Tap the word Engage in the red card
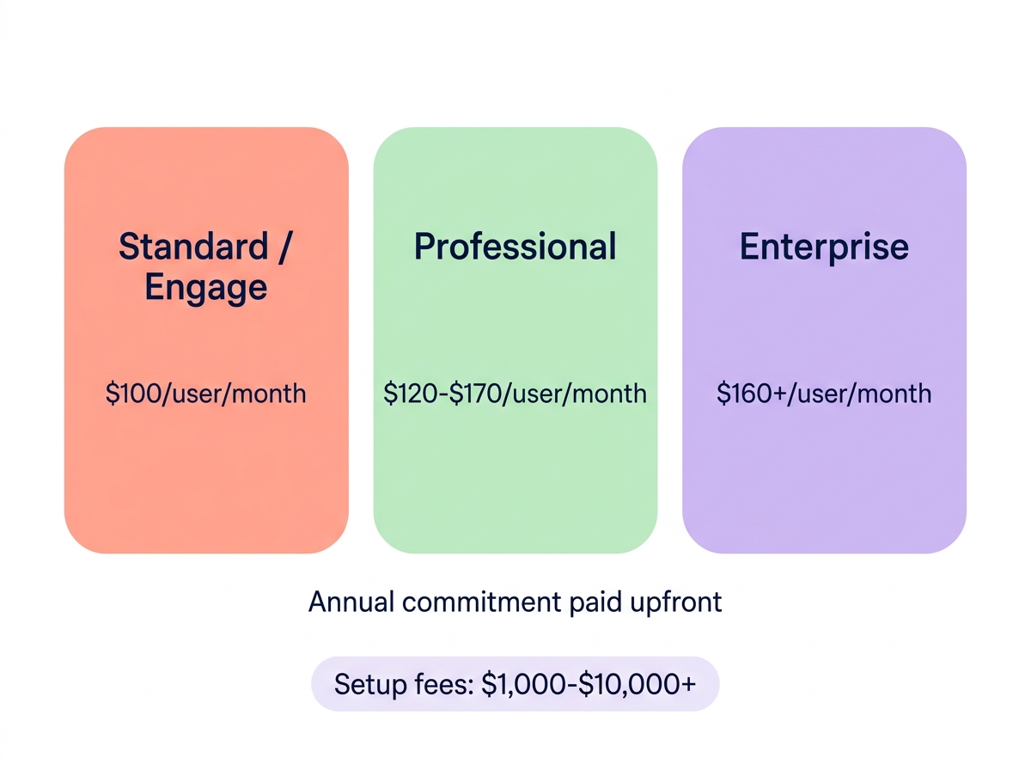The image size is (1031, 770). pos(206,287)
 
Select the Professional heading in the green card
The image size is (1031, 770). pos(515,247)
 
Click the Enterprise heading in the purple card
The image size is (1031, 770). pos(824,247)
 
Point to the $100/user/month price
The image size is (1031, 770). pos(206,394)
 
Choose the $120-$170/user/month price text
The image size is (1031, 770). pos(515,394)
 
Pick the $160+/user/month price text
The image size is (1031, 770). pos(824,394)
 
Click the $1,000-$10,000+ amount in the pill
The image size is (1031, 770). pos(589,685)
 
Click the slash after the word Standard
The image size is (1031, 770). pos(284,247)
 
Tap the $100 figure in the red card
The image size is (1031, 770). pos(134,394)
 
